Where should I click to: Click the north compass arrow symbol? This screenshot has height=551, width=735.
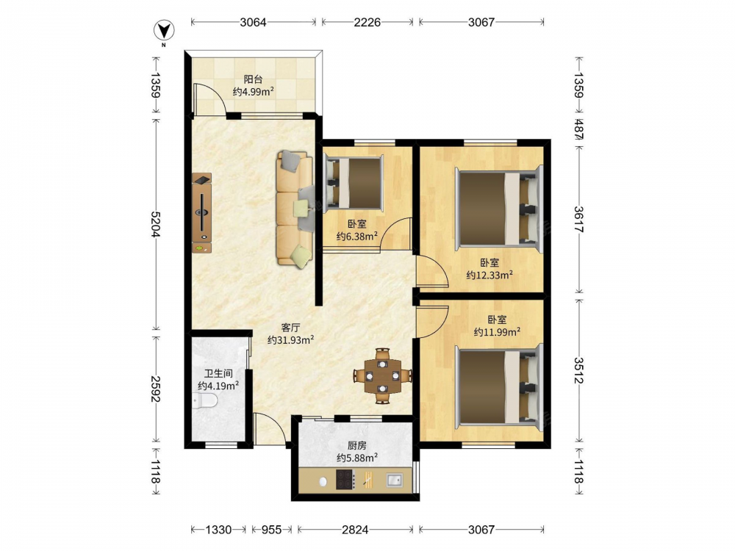click(x=164, y=31)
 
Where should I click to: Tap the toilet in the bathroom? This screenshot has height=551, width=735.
click(x=205, y=401)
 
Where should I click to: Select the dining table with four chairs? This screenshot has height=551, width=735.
click(x=382, y=375)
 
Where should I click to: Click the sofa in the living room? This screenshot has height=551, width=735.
click(x=295, y=209)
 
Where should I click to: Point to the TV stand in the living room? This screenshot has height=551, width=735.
click(x=201, y=213)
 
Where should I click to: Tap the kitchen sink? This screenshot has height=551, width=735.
click(x=394, y=480)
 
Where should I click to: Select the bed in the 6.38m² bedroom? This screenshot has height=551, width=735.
click(x=354, y=183)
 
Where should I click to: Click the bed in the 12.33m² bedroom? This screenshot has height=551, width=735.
click(x=498, y=209)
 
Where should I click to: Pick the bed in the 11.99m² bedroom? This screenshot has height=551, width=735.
click(x=498, y=387)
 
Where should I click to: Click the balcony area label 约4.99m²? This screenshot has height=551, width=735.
click(x=253, y=92)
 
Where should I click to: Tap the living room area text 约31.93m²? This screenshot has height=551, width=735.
click(x=290, y=339)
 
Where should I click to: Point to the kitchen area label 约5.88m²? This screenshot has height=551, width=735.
click(x=357, y=458)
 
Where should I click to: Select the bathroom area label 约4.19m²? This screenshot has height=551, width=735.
click(x=218, y=386)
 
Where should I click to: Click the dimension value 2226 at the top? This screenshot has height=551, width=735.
click(x=367, y=22)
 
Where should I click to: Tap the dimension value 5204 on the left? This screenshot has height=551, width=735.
click(x=156, y=224)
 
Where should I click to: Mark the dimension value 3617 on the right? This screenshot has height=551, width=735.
click(x=578, y=219)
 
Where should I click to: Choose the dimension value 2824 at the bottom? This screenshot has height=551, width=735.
click(x=355, y=530)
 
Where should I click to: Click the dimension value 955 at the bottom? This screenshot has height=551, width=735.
click(x=271, y=530)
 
